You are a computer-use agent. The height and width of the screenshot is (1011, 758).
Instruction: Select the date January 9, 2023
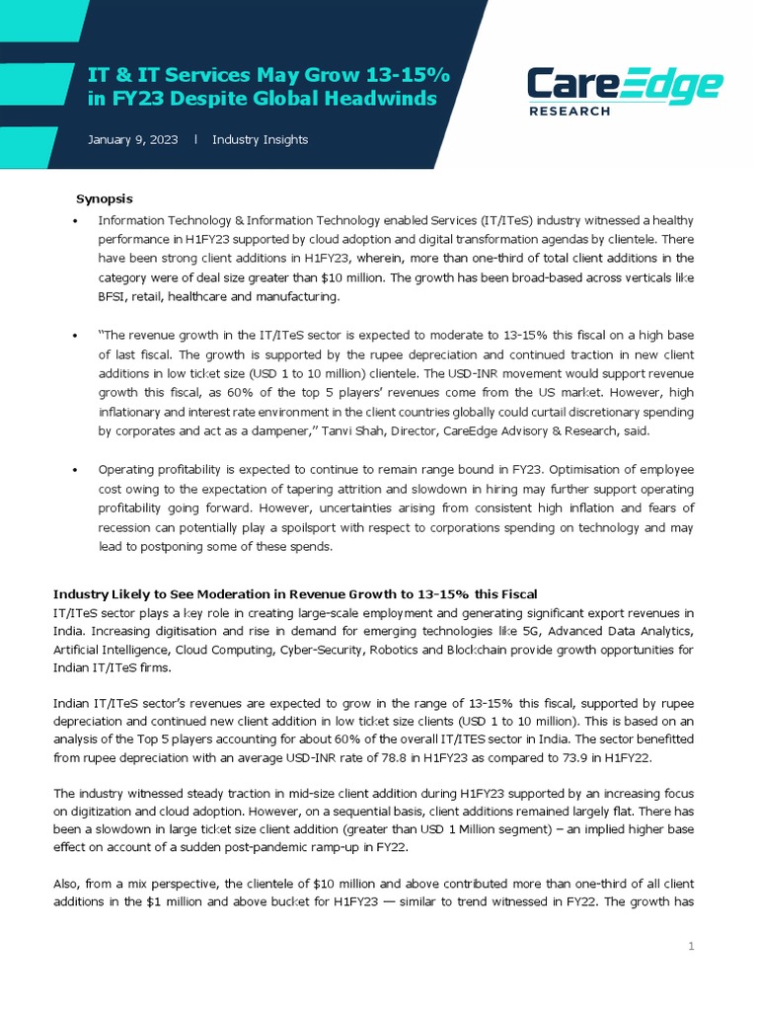click(132, 140)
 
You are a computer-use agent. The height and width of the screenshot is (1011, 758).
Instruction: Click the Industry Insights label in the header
click(260, 140)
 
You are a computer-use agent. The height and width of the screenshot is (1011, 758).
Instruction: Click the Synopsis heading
click(105, 198)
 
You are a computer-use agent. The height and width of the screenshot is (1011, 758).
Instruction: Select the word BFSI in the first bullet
click(114, 296)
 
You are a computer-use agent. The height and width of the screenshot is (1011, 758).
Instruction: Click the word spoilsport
click(359, 528)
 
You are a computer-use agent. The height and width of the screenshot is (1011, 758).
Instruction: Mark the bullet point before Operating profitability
click(76, 470)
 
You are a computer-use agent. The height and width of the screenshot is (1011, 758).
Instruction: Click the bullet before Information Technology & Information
click(76, 220)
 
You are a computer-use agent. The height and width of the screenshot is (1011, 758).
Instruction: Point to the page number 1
click(691, 948)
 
